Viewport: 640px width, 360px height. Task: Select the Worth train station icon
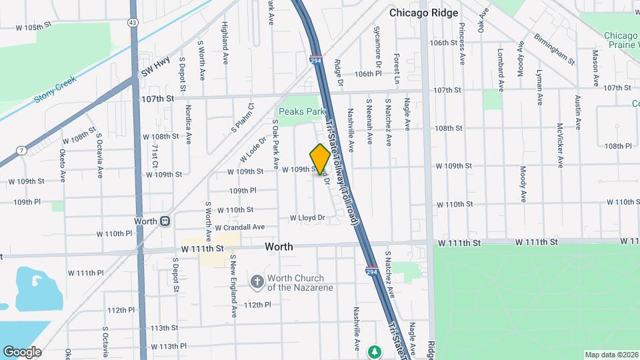click(x=165, y=221)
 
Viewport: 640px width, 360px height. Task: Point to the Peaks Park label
click(x=301, y=112)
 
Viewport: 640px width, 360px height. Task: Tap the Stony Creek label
click(x=55, y=90)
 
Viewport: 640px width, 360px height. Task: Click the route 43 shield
click(x=133, y=23)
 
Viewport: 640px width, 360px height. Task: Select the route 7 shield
click(x=22, y=151)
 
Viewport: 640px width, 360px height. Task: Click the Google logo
click(x=22, y=352)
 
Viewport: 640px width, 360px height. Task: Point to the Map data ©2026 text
click(x=611, y=355)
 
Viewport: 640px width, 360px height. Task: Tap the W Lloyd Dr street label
click(x=307, y=218)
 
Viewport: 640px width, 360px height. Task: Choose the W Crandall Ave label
click(x=239, y=227)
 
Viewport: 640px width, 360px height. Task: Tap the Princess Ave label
click(x=461, y=43)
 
